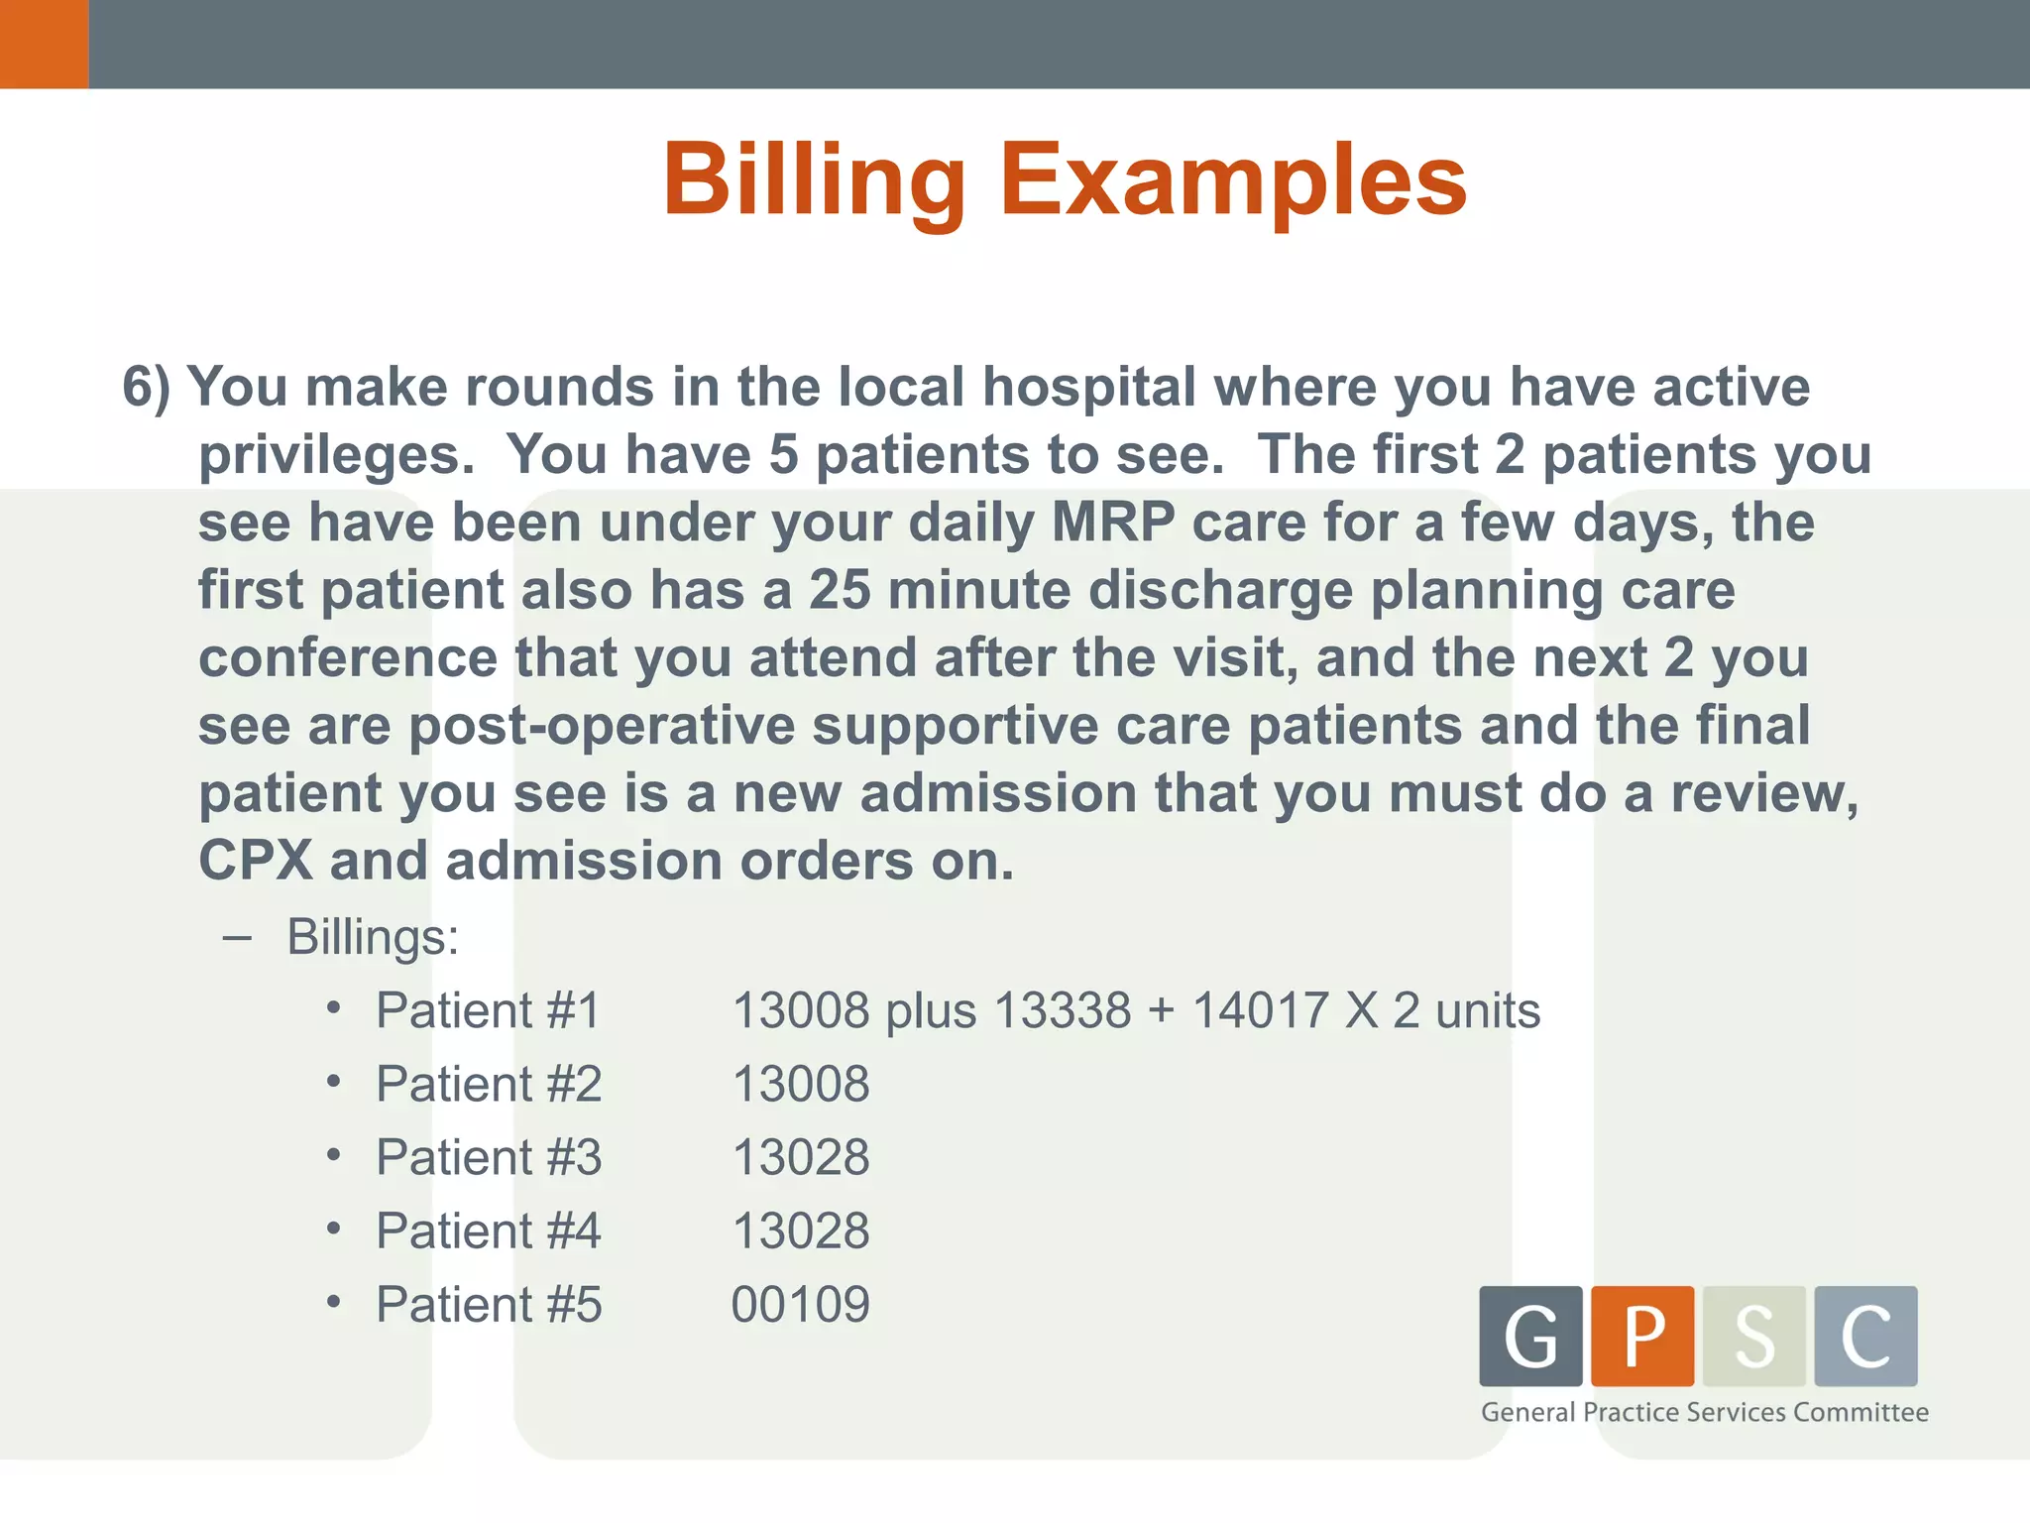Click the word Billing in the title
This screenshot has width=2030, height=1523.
click(x=813, y=180)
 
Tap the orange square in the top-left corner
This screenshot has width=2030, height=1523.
click(x=44, y=44)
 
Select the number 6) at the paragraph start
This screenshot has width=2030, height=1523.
click(x=146, y=387)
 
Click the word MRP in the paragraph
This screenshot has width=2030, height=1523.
click(x=1112, y=523)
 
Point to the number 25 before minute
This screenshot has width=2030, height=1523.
click(x=840, y=591)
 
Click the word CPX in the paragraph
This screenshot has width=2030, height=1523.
click(x=255, y=861)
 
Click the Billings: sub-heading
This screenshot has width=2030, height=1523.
click(x=373, y=937)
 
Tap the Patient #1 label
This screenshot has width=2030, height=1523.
click(x=488, y=1011)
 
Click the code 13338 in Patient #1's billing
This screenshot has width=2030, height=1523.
click(x=1062, y=1011)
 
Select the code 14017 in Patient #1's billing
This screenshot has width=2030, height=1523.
click(x=1260, y=1011)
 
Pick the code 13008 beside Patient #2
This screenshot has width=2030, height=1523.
click(x=800, y=1085)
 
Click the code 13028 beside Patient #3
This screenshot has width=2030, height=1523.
click(x=800, y=1158)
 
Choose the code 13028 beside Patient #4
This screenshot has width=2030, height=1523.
click(x=800, y=1231)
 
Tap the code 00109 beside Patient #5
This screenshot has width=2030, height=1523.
click(x=800, y=1305)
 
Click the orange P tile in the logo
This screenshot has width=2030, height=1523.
click(x=1642, y=1336)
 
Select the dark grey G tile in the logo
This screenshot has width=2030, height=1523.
click(x=1530, y=1336)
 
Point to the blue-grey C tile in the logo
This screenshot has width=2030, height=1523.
click(x=1865, y=1336)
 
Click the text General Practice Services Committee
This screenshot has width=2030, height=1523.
click(x=1704, y=1412)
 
